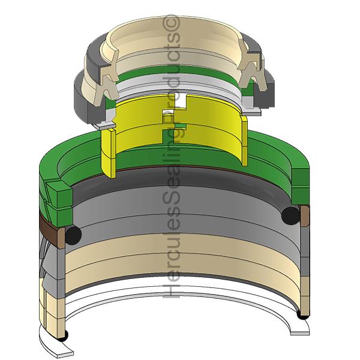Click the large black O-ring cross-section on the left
73,235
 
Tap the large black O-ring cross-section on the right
290,216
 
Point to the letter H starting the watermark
171,289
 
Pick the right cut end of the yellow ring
245,140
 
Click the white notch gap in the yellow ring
181,100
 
